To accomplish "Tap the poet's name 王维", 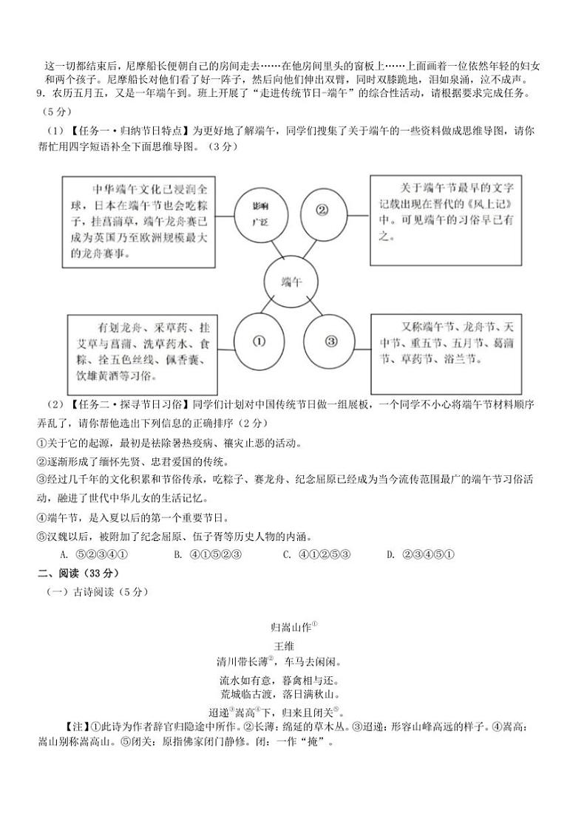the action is click(x=285, y=645).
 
